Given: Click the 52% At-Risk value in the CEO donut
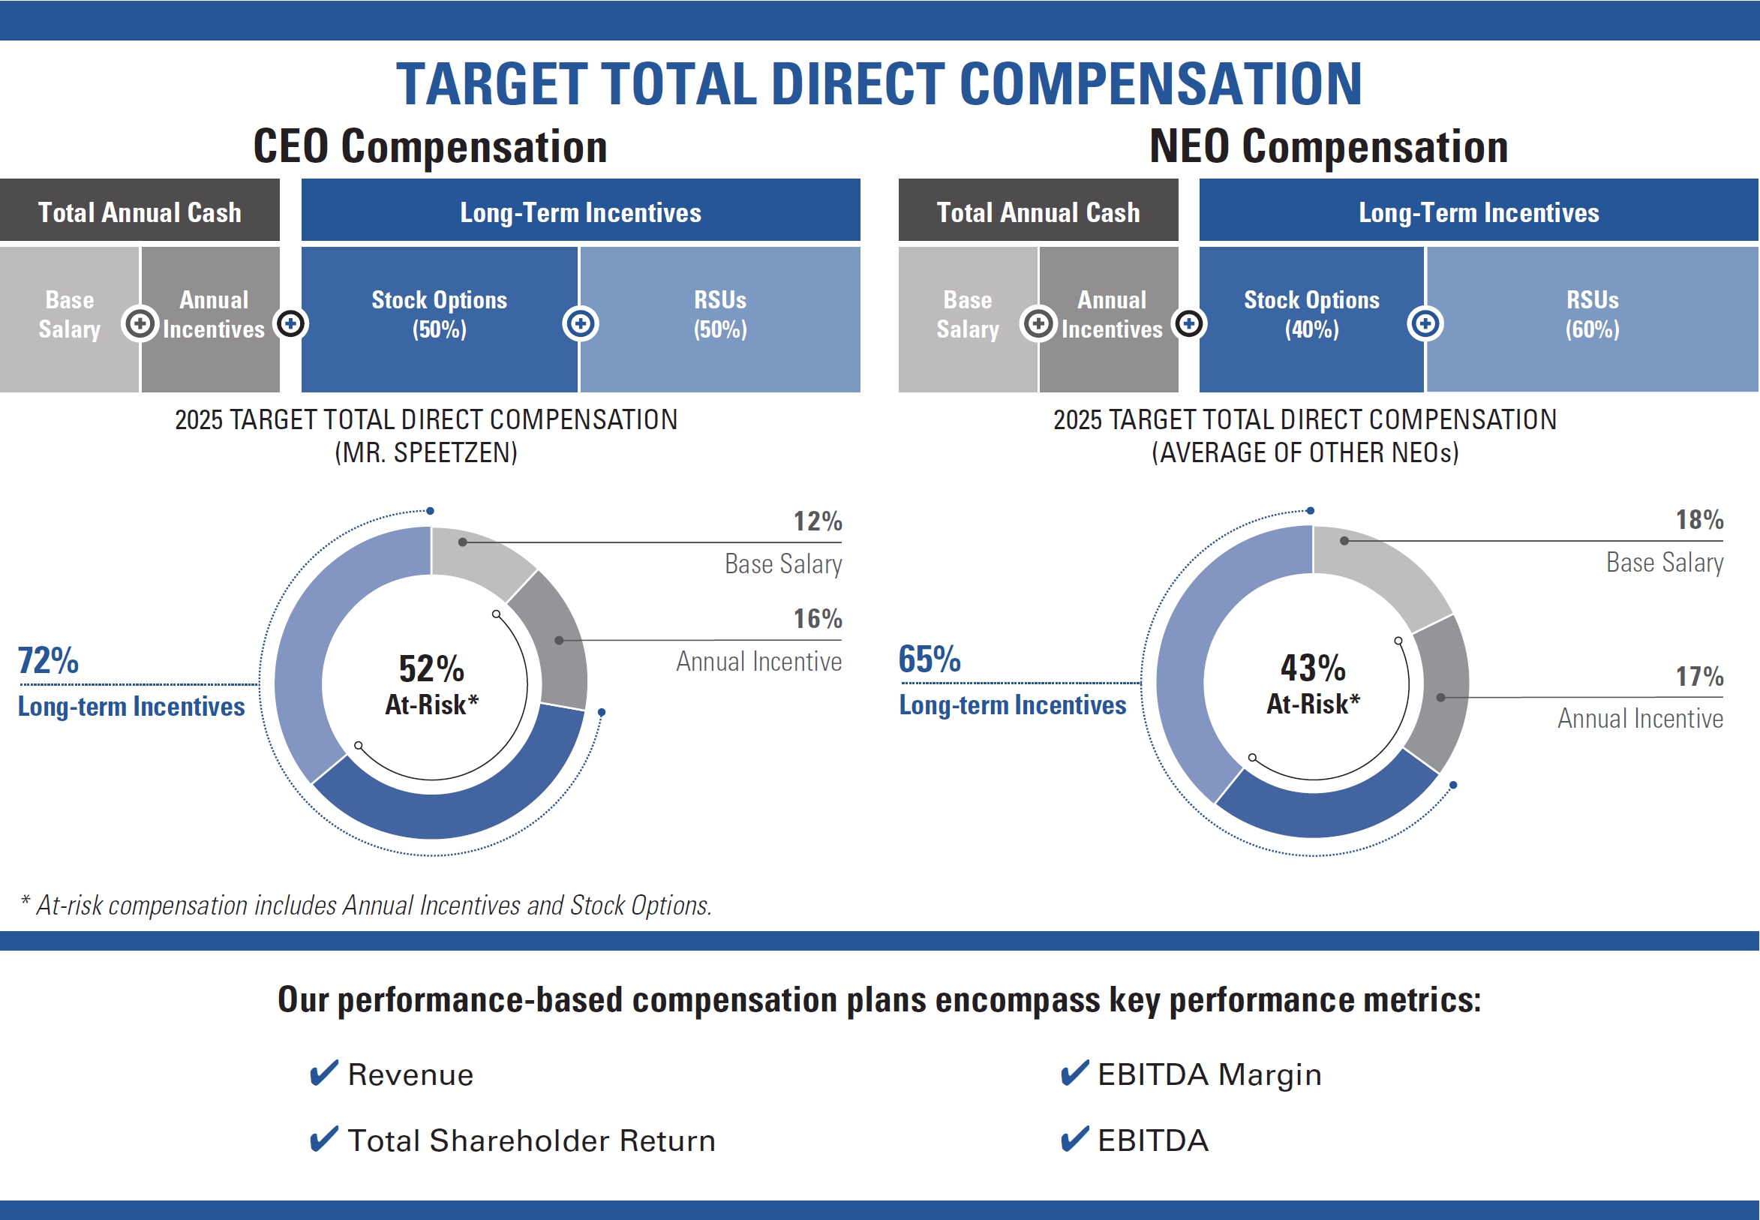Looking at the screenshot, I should (432, 669).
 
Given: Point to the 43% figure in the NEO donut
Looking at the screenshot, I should (1313, 669).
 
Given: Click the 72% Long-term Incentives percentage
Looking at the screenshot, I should (48, 660).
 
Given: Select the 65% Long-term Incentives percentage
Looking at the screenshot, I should (930, 659).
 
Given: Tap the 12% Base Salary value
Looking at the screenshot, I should (817, 521).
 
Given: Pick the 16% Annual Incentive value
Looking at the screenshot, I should (817, 619).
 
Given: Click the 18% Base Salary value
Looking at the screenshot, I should (1699, 521).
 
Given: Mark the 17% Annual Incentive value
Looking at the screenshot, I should (1699, 677).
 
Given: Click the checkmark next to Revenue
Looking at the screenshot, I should (323, 1073).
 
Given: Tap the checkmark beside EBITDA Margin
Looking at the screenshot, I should (1074, 1073).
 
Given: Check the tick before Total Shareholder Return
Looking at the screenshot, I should (323, 1139).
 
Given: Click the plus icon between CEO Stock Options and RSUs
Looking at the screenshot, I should (580, 324).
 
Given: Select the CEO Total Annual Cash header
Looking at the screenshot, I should (140, 212).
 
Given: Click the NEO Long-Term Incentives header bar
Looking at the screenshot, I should (1478, 212).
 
